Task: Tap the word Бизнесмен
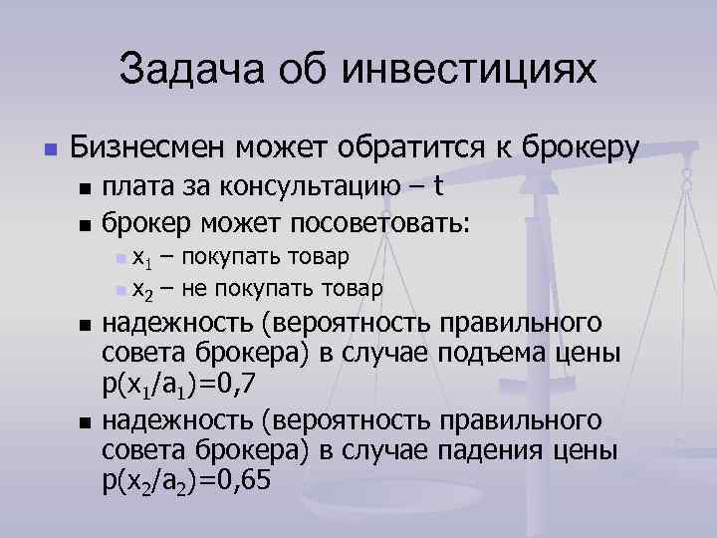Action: click(x=150, y=148)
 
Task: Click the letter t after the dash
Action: click(x=438, y=187)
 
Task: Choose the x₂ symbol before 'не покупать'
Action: click(x=141, y=291)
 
